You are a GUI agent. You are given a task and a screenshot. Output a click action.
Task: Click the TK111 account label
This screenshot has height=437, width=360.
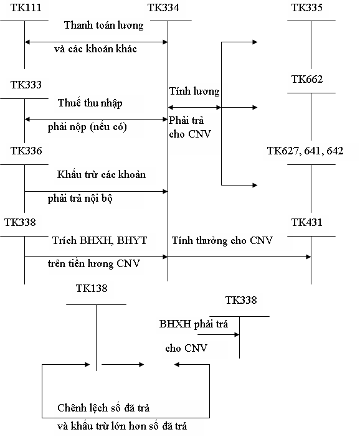[x=26, y=7]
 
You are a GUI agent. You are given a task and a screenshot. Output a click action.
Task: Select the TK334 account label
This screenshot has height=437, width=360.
[x=163, y=7]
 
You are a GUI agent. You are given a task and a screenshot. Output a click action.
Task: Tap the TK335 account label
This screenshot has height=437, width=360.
[x=306, y=7]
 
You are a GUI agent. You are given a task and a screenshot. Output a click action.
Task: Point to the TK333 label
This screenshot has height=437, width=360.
[x=26, y=85]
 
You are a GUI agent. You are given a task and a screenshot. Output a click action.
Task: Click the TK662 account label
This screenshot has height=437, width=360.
[x=307, y=80]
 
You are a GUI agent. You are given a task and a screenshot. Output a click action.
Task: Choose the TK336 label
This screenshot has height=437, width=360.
[x=26, y=151]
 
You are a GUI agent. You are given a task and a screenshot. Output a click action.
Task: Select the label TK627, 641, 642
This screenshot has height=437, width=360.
[x=305, y=151]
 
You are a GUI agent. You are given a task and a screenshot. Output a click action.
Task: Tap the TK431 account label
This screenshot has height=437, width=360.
[x=306, y=222]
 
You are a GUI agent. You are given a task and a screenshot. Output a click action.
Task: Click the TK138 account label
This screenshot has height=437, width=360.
[x=92, y=288]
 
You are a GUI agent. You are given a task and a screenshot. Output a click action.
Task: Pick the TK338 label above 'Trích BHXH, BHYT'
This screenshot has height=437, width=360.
[x=20, y=222]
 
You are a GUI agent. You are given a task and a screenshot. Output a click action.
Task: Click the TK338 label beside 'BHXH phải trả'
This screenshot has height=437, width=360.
[x=241, y=300]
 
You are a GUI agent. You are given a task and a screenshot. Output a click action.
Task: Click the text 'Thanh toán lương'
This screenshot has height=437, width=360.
[x=104, y=26]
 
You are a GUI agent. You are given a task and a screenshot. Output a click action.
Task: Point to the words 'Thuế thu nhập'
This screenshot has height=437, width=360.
[x=90, y=103]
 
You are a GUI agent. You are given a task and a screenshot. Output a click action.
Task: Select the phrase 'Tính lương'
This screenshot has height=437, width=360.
[x=194, y=92]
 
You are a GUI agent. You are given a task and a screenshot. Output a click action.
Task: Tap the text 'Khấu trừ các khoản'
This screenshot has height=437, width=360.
[x=102, y=174]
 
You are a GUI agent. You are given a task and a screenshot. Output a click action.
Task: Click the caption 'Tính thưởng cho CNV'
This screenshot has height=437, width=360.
[x=222, y=240]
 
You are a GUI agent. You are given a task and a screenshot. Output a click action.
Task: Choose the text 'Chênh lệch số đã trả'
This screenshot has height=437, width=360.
[x=103, y=408]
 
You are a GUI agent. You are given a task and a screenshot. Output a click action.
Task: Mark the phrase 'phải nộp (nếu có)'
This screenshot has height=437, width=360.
[x=87, y=127]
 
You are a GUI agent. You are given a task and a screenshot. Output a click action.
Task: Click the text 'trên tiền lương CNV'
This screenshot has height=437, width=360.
[x=93, y=264]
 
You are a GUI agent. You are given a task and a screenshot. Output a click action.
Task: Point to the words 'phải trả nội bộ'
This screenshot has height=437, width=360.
[x=80, y=199]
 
